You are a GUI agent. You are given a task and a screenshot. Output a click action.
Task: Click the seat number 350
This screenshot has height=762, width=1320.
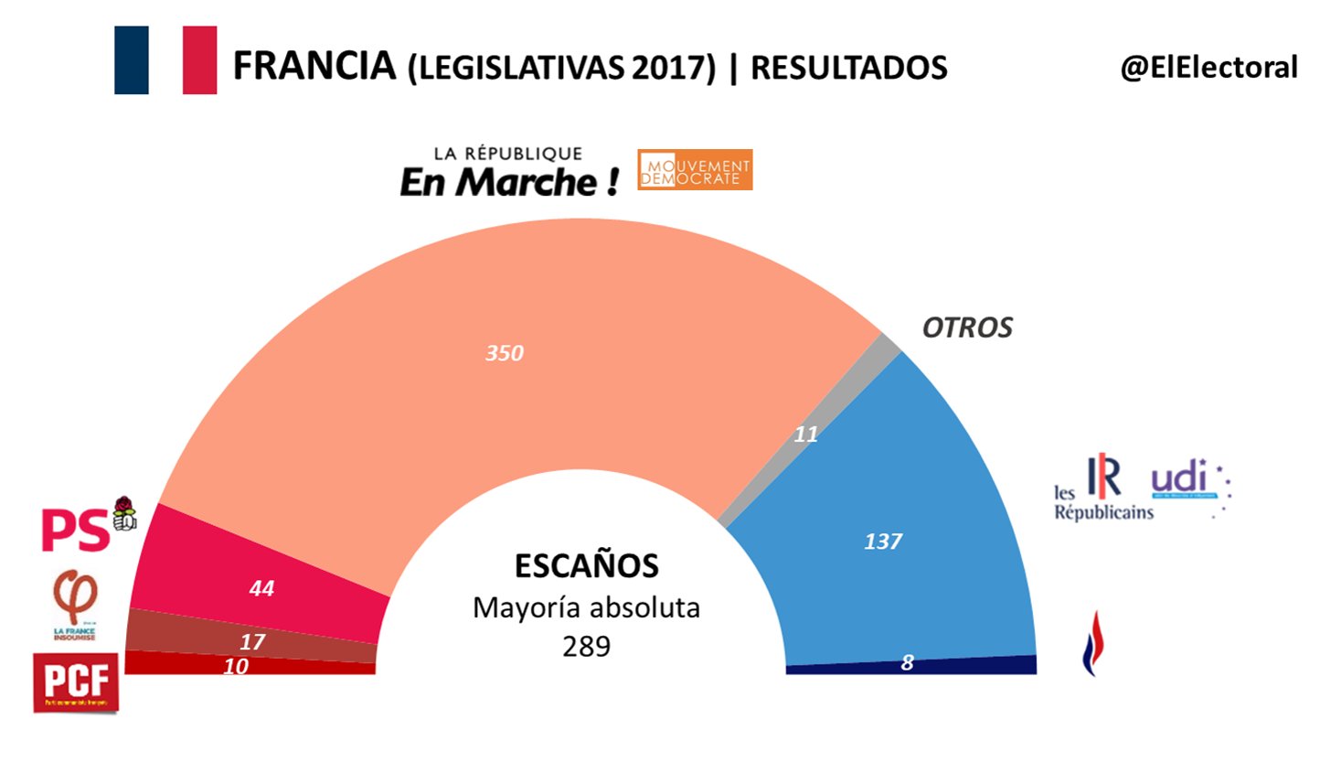click(505, 353)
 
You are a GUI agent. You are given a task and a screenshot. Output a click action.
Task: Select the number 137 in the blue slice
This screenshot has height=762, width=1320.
click(883, 542)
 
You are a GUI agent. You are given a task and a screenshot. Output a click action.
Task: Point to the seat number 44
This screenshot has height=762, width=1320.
click(261, 589)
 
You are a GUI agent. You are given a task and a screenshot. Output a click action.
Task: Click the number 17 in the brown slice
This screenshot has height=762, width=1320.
click(252, 642)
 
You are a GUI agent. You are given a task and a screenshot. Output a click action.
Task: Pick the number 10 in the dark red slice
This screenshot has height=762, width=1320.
click(236, 667)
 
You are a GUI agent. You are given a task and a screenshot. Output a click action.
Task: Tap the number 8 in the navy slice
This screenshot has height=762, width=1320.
click(907, 663)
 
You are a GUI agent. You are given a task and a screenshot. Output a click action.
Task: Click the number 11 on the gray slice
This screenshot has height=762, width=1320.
click(805, 435)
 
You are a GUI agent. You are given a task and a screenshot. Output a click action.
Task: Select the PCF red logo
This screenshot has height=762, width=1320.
click(76, 682)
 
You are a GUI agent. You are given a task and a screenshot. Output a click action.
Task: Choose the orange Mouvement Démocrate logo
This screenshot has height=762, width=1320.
click(696, 169)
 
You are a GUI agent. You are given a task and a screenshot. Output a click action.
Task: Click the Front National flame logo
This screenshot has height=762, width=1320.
click(1090, 643)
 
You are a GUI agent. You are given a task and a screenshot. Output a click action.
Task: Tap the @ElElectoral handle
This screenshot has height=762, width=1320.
click(1208, 67)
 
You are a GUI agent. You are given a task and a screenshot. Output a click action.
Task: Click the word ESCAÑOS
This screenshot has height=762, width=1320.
click(586, 566)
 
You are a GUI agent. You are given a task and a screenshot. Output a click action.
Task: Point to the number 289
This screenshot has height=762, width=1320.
click(586, 646)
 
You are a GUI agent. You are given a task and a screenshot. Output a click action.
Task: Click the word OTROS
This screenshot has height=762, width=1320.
click(967, 328)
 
